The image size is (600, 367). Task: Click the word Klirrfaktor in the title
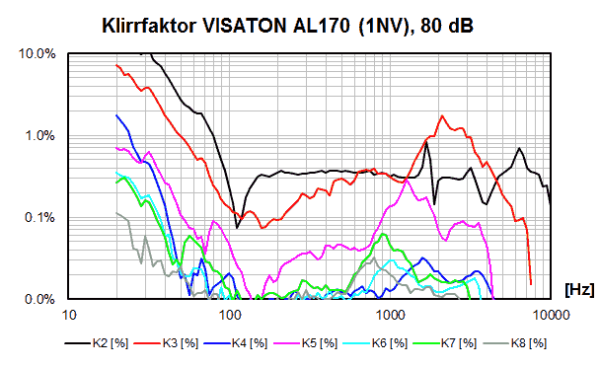tap(149, 26)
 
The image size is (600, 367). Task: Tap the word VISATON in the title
tap(244, 26)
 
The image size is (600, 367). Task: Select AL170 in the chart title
tap(322, 26)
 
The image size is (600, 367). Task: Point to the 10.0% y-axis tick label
tap(37, 54)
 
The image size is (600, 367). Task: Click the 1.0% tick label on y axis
tap(40, 136)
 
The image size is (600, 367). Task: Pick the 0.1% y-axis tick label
tap(40, 217)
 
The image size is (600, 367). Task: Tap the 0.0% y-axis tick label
tap(40, 299)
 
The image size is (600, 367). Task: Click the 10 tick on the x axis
tap(69, 315)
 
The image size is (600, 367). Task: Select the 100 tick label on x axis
tap(230, 315)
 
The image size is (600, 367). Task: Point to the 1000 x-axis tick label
tap(391, 315)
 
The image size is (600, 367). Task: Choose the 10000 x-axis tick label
tap(551, 315)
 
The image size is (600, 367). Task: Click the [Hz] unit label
tap(579, 289)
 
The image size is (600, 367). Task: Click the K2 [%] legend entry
tap(97, 343)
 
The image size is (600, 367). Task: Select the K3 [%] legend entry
tap(167, 343)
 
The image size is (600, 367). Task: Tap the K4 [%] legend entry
tap(236, 343)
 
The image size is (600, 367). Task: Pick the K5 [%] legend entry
tap(306, 343)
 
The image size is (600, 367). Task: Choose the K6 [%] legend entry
tap(375, 343)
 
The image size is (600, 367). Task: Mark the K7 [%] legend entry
tap(445, 343)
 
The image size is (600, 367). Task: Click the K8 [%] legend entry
tap(515, 343)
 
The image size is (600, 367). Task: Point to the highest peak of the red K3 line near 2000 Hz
tap(442, 115)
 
